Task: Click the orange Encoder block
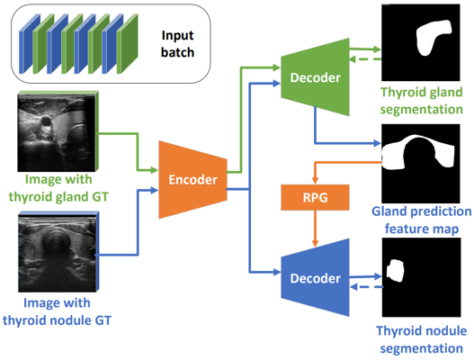click(192, 179)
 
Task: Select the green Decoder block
click(314, 79)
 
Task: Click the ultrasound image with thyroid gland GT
click(53, 125)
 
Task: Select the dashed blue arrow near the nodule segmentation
click(365, 288)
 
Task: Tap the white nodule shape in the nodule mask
click(397, 271)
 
